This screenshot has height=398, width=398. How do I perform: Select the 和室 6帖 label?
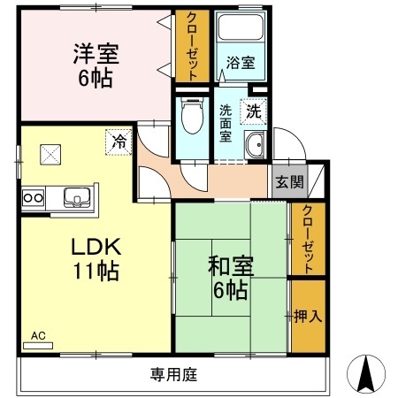point(229,275)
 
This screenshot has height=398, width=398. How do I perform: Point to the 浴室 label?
point(240,63)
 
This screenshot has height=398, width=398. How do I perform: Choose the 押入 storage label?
point(307,315)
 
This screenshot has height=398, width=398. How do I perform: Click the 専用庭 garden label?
point(172,374)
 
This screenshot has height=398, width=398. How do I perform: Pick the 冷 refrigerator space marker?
point(118,141)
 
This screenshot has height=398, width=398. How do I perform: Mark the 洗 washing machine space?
point(253,112)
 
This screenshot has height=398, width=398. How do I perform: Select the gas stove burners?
point(34,196)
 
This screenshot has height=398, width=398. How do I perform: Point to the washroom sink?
point(256,147)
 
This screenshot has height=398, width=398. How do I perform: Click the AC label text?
point(38,335)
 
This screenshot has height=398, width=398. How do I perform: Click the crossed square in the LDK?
point(47,154)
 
